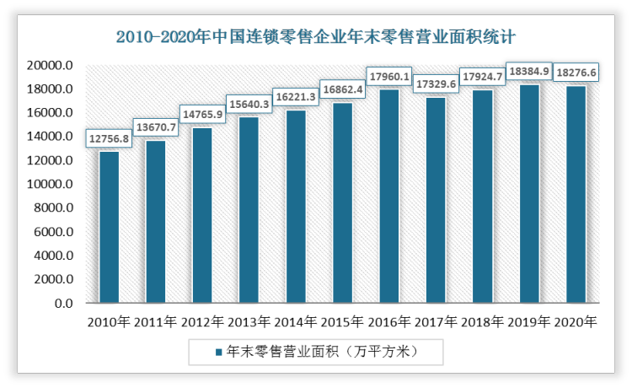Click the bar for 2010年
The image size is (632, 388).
point(109,227)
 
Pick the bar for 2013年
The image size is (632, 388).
point(249,210)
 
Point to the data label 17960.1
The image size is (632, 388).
point(389,78)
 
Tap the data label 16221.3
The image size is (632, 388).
point(296,98)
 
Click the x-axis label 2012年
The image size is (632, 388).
point(201,321)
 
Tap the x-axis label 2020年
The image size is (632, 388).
point(576,321)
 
